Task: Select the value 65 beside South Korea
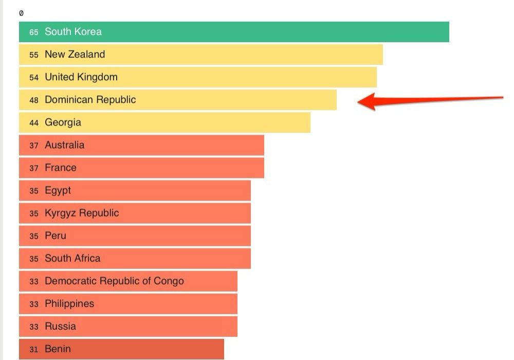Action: tap(34, 32)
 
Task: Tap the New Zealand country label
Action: tap(75, 55)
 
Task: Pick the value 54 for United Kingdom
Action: tap(34, 77)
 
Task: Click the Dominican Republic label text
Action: tap(90, 100)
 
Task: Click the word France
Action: tap(60, 168)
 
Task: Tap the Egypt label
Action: tap(58, 190)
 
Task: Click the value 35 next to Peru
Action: tap(34, 236)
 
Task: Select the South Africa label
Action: tap(72, 258)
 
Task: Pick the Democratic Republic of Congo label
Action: tap(114, 281)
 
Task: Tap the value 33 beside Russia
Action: tap(34, 327)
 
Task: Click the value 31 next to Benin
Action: tap(34, 349)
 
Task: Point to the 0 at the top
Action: tap(21, 13)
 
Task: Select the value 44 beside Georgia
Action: tap(34, 122)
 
